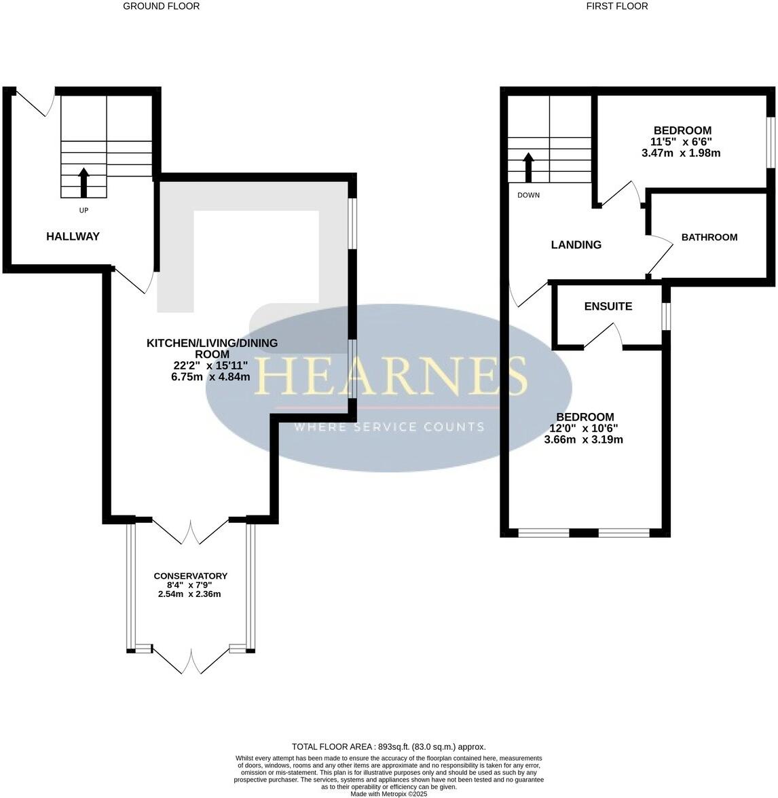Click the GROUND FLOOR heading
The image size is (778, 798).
pos(161,6)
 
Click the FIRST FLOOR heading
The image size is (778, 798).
pos(616,6)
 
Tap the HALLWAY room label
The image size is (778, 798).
pos(73,236)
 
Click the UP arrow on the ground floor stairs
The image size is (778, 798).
pos(84,181)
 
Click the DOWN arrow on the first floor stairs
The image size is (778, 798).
pos(528,167)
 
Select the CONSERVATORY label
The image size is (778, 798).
pos(190,576)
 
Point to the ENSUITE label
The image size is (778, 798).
pos(608,306)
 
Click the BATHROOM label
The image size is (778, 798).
pos(709,237)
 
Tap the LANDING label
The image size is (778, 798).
pos(576,244)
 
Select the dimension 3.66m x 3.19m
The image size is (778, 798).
pos(583,439)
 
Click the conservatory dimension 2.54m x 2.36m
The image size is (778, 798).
pos(189,594)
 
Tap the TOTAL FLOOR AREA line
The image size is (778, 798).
pos(388,746)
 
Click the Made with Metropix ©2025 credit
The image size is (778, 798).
pos(388,793)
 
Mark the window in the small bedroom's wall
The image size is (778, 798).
pos(771,141)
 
